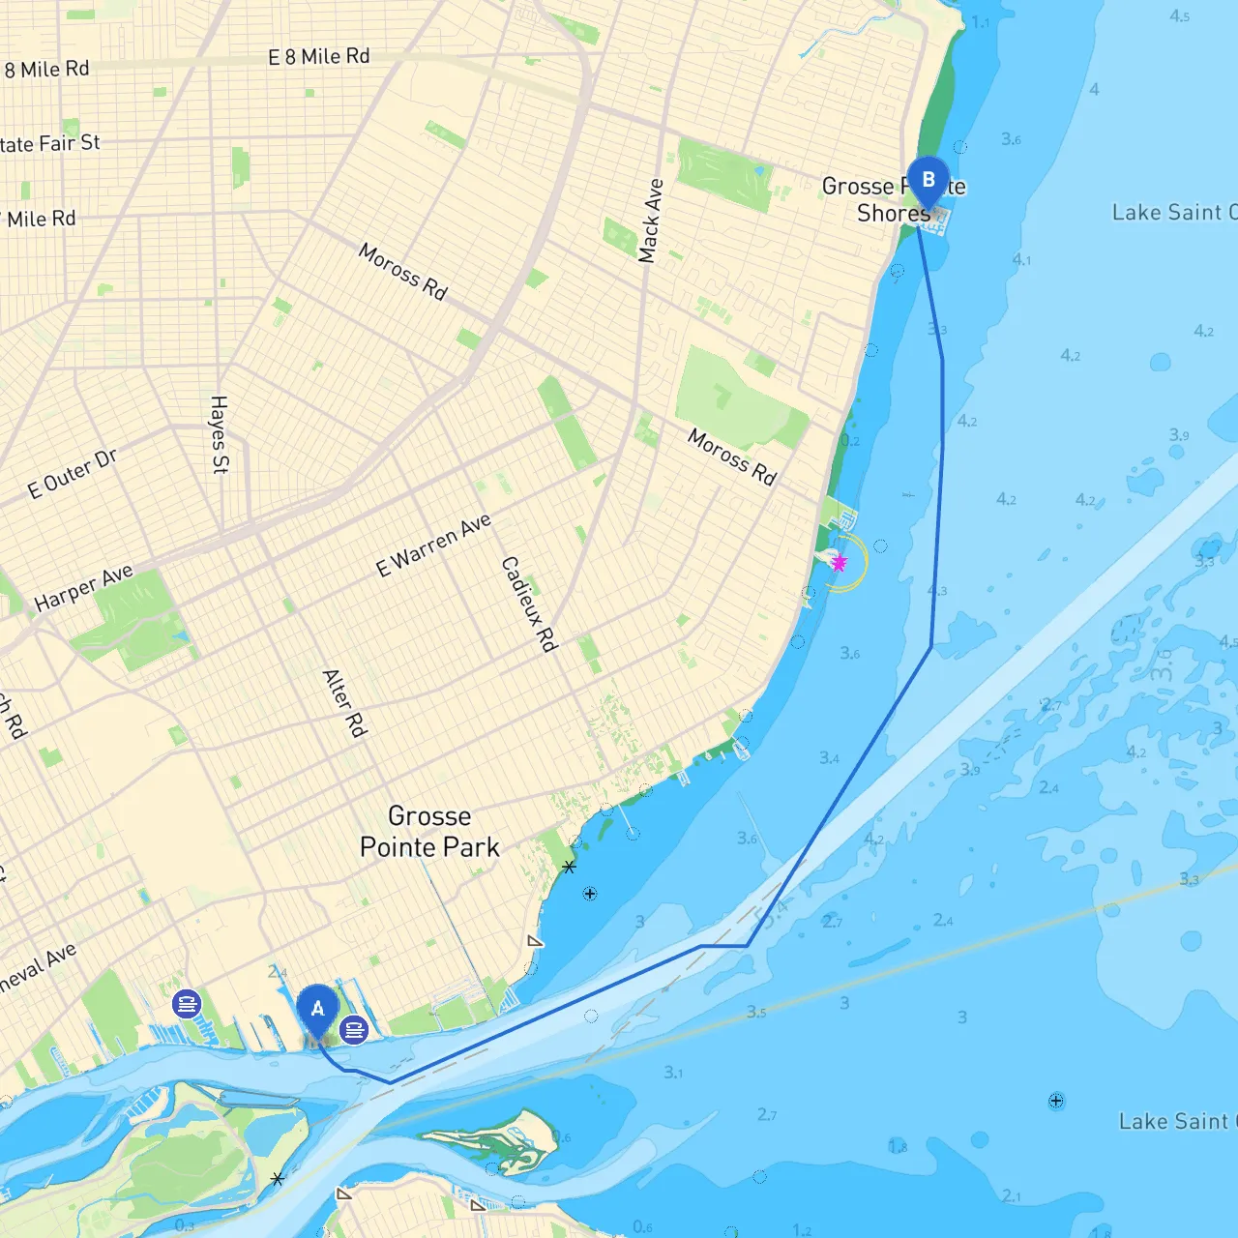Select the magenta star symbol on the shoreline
[x=839, y=563]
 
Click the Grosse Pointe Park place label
[x=429, y=832]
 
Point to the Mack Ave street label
[x=651, y=221]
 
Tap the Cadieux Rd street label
[x=529, y=604]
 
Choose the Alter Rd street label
[x=344, y=703]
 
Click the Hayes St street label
[x=220, y=434]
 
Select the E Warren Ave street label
[x=433, y=545]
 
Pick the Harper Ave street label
[x=83, y=588]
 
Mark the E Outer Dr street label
[x=73, y=474]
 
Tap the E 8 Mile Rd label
[x=318, y=57]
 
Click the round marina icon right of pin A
[x=354, y=1030]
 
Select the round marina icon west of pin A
[x=187, y=1004]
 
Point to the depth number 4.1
[x=1021, y=259]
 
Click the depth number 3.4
[x=829, y=758]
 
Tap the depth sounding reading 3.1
[x=673, y=1072]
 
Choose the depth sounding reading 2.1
[x=1011, y=1195]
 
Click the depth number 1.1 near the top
[x=980, y=21]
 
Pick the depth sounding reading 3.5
[x=756, y=1013]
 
